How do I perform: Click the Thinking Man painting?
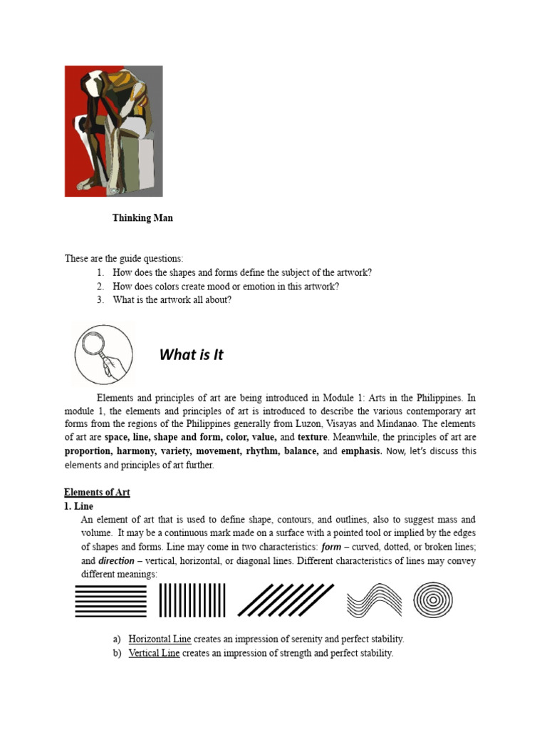(113, 131)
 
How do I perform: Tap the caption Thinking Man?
(142, 218)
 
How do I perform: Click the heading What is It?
(191, 354)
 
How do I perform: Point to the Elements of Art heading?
(97, 493)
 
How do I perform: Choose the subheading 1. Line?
(79, 506)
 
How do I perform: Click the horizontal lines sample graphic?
(110, 600)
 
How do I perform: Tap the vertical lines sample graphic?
(192, 600)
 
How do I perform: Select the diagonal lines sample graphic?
(286, 600)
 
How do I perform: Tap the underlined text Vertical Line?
(154, 653)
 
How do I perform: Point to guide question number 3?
(171, 300)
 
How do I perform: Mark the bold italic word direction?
(116, 561)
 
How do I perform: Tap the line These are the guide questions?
(124, 259)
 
